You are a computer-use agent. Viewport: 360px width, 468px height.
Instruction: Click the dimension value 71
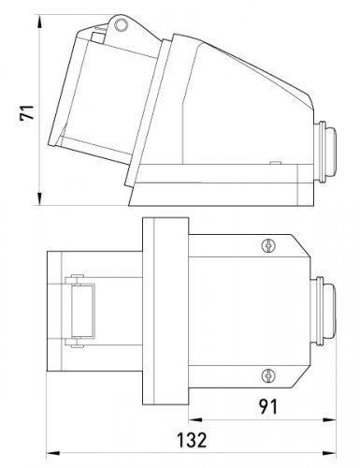click(27, 112)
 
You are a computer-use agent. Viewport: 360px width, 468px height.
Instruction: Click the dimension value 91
click(268, 406)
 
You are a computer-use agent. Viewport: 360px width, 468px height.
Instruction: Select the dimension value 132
click(192, 440)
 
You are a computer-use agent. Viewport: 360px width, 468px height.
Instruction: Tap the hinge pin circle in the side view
click(121, 24)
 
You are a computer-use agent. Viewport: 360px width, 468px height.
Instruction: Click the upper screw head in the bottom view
click(268, 245)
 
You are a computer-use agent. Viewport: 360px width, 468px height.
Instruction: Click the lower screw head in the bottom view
click(268, 375)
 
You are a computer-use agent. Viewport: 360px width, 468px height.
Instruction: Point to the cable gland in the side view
click(325, 151)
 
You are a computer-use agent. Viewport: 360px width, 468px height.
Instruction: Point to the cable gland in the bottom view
click(324, 311)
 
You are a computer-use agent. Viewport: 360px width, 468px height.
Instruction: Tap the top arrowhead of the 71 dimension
click(39, 22)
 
